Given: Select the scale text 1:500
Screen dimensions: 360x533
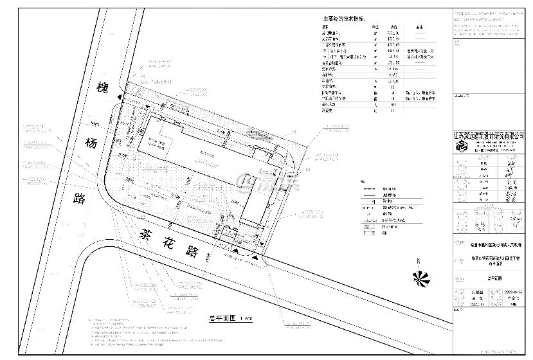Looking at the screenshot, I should (245, 318).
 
